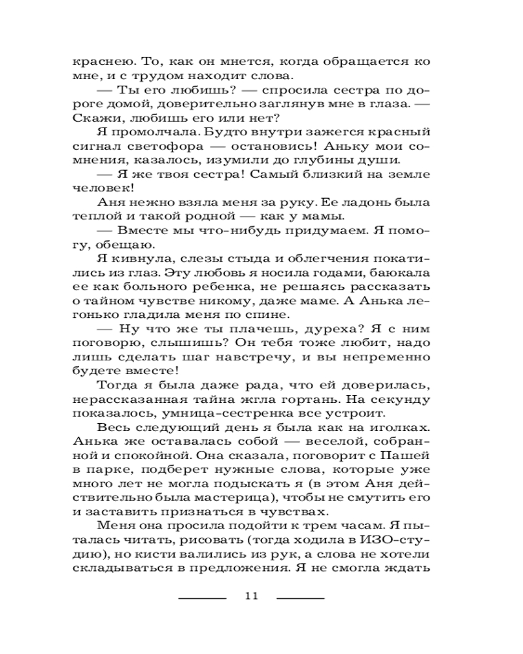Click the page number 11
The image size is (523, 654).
(x=252, y=596)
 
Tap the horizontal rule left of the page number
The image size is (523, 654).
(x=202, y=598)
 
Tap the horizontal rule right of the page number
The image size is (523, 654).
(x=301, y=598)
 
